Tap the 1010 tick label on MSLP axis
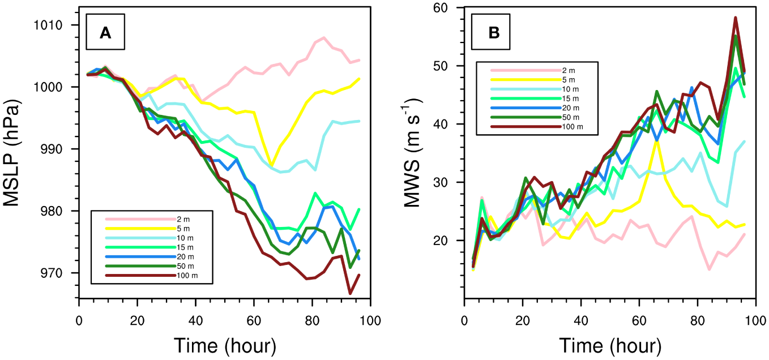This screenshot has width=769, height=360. point(51,25)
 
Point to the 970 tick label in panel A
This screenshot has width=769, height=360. point(54,273)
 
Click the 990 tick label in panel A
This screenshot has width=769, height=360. point(54,149)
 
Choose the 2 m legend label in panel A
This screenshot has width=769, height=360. point(184,218)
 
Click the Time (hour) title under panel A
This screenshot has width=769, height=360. point(224,345)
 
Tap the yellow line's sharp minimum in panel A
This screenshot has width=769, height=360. point(272,165)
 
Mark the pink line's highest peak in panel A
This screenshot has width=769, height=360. point(324,38)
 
